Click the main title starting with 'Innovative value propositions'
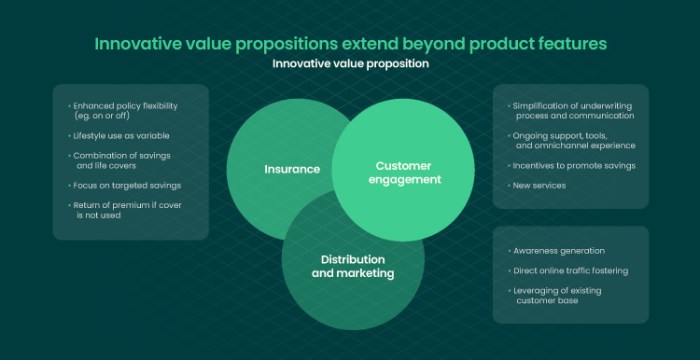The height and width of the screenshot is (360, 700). (350, 44)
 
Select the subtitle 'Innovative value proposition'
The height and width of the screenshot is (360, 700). (350, 63)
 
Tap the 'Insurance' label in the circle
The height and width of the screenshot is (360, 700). (292, 169)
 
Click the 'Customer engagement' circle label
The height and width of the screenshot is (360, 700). (407, 172)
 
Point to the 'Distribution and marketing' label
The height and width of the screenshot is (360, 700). (352, 266)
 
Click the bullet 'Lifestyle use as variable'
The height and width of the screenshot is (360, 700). (121, 134)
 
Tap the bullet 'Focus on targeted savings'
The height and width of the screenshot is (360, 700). (126, 185)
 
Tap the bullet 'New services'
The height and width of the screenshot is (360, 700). (539, 185)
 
